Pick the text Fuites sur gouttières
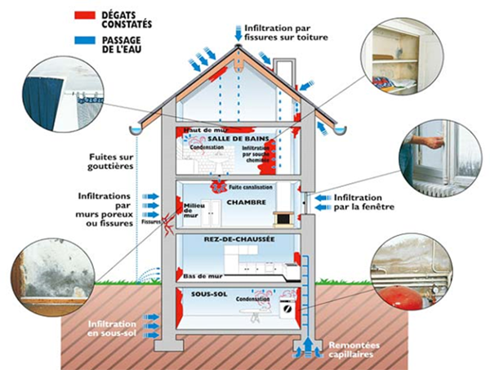tap(111, 162)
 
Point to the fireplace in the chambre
tap(282, 218)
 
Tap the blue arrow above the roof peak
tap(238, 33)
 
